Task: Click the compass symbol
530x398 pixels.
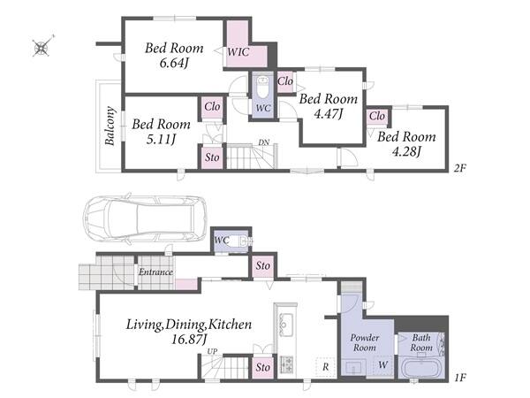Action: pos(42,47)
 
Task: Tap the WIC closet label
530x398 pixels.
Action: pos(238,52)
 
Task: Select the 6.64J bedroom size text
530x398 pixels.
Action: pos(174,63)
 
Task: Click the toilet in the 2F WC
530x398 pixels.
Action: pos(262,87)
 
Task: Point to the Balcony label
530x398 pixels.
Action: pos(110,126)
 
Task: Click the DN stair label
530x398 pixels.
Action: pos(264,142)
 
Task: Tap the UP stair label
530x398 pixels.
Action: pos(212,351)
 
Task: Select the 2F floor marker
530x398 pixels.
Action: pos(459,168)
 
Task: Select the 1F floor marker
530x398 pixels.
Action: pos(460,378)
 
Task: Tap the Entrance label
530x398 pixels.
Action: pos(155,272)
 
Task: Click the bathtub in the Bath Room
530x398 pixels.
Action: pos(421,368)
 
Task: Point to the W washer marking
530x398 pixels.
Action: pos(383,364)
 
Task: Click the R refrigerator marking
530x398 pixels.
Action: pos(325,367)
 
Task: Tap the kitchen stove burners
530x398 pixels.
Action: pos(286,364)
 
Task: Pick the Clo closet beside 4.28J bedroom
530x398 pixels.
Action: pos(377,116)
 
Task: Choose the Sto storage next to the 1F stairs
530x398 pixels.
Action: pos(263,367)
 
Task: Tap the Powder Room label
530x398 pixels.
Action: pos(364,342)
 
